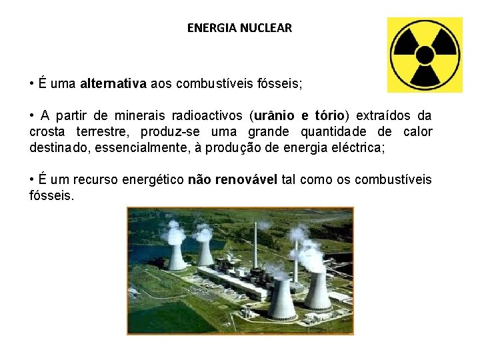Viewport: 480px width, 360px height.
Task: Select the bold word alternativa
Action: [x=113, y=84]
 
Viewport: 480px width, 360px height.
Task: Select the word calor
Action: [x=417, y=131]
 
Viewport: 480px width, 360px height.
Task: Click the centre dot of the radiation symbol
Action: [x=425, y=54]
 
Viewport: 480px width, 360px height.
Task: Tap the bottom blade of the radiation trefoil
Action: [x=425, y=74]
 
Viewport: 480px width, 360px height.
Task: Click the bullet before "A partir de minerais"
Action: [x=32, y=116]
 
